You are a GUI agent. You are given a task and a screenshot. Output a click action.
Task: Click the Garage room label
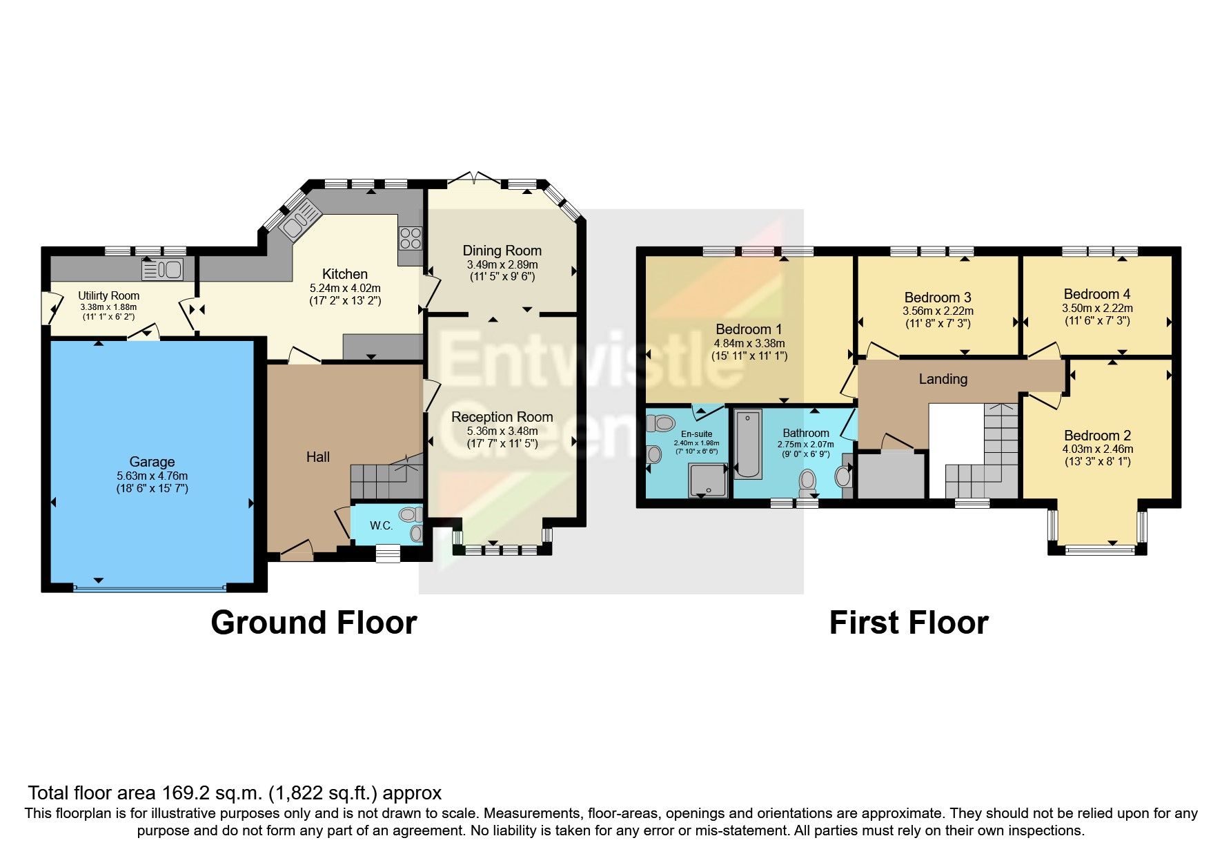pos(152,462)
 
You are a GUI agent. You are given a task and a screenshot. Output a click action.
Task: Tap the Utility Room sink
pos(163,269)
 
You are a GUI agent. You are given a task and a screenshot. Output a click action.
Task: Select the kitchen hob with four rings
pos(410,238)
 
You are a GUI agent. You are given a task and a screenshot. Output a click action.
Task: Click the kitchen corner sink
pos(298,223)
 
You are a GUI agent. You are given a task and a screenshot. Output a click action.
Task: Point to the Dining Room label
pos(502,251)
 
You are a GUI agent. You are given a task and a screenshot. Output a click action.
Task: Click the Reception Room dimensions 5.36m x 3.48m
pos(502,431)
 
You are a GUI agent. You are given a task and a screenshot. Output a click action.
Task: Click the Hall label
pos(317,457)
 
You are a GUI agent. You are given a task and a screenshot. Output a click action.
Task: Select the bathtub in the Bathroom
pos(748,444)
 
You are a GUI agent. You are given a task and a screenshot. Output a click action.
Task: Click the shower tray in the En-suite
pos(708,480)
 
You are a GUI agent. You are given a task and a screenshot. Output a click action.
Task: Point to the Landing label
pos(943,379)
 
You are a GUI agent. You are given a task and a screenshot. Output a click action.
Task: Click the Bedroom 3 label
pos(938,298)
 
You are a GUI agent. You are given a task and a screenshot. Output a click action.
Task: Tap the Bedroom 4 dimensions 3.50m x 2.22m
pos(1097,309)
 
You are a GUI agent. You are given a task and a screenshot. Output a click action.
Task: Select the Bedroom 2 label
pos(1097,436)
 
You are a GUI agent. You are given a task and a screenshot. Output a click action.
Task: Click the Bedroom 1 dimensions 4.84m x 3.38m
pos(749,343)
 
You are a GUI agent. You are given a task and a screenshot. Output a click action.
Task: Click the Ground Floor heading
pos(313,623)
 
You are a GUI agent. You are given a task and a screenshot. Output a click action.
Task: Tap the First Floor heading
pos(908,623)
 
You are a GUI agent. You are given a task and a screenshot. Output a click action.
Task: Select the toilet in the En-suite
pos(662,422)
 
